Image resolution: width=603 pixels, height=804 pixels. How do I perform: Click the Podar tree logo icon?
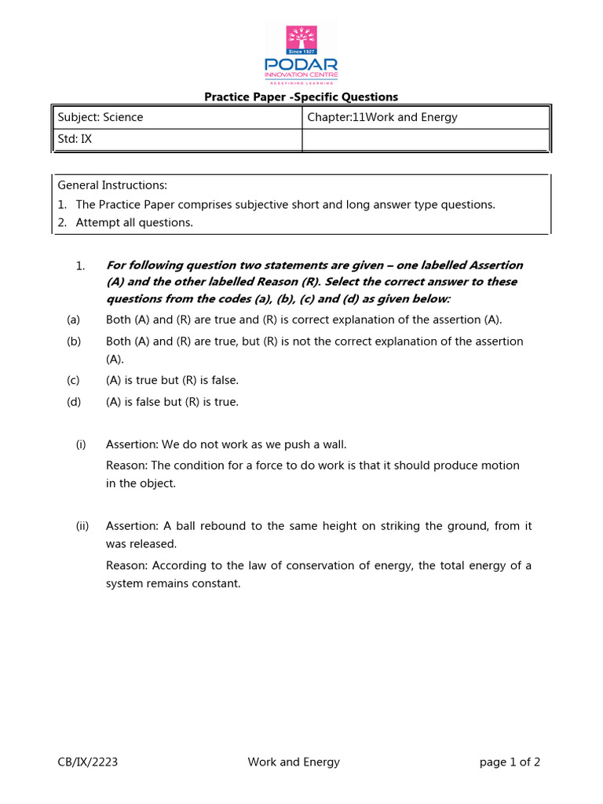[301, 39]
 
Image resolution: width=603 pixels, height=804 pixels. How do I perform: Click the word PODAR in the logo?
[301, 64]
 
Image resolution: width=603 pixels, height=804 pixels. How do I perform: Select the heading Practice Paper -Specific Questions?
[301, 97]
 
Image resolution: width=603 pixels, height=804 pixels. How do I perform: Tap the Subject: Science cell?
[100, 117]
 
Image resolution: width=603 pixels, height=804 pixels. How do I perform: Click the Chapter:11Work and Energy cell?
[382, 117]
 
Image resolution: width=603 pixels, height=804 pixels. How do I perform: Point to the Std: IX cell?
[75, 139]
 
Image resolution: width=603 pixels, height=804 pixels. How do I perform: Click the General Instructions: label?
[112, 185]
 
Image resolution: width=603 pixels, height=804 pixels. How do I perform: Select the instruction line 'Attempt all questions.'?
[133, 222]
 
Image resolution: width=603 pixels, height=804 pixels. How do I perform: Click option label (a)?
[74, 320]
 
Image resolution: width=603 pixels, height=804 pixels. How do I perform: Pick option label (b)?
[74, 342]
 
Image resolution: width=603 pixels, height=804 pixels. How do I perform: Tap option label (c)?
[74, 380]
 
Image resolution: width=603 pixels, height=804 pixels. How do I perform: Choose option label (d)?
[74, 402]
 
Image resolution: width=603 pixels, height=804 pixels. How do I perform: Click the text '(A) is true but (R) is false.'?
[172, 380]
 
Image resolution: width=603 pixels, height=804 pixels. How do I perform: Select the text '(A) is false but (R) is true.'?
[172, 402]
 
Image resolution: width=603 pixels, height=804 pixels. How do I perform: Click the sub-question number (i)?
[81, 444]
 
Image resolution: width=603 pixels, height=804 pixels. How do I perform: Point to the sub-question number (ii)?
[82, 526]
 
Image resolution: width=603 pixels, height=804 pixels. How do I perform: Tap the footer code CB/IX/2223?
[88, 762]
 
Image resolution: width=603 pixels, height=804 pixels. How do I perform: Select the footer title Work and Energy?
[294, 762]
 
